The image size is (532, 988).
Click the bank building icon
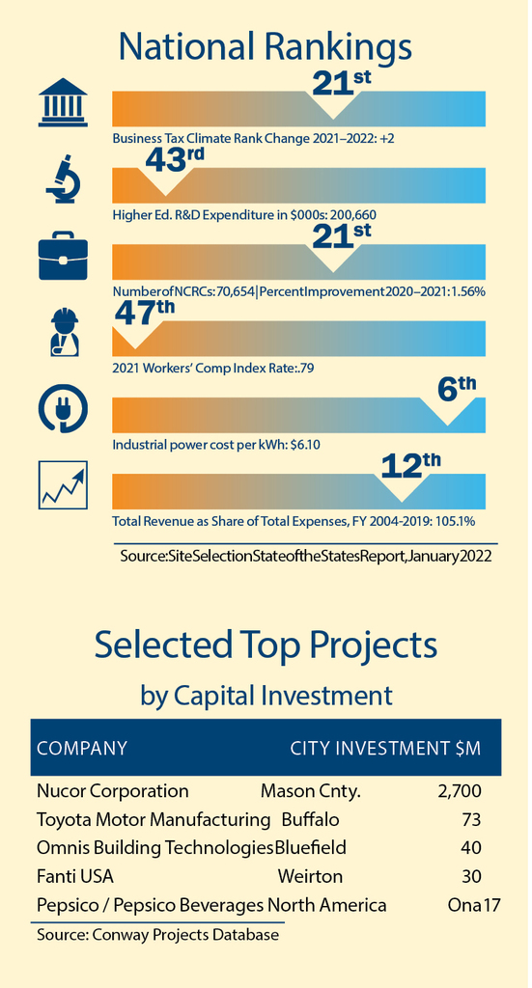click(63, 102)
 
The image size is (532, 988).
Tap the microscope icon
click(63, 178)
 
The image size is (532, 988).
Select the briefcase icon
click(63, 256)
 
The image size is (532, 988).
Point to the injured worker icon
click(63, 332)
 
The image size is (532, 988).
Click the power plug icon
click(63, 409)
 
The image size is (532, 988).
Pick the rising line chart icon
click(63, 485)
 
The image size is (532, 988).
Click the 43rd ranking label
click(175, 161)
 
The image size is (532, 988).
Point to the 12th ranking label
click(411, 467)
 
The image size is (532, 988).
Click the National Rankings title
click(266, 46)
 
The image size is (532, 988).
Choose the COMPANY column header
click(82, 749)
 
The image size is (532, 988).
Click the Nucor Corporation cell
click(113, 791)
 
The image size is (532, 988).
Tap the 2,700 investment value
click(459, 791)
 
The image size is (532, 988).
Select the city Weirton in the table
click(310, 876)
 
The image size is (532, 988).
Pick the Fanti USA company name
click(75, 876)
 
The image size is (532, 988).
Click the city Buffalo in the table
click(310, 820)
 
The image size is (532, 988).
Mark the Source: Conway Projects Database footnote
click(157, 934)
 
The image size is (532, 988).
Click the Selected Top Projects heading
click(266, 645)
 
